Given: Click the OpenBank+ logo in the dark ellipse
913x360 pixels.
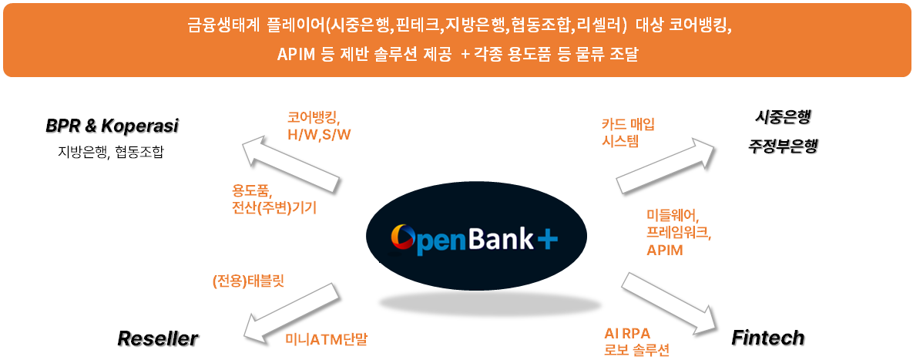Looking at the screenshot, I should point(473,237).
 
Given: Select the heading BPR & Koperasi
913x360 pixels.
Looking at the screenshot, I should point(112,125).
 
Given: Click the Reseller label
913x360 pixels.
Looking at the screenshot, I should point(157,338).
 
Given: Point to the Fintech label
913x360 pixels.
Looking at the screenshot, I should point(767,337).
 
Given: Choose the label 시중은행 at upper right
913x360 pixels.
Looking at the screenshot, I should point(783,117).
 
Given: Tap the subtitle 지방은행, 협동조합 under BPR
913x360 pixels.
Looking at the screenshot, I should point(111,151).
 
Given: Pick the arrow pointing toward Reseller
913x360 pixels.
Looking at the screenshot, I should point(291,310).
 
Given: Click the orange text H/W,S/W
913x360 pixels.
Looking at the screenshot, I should point(319,134).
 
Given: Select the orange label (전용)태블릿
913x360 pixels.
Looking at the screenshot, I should point(248,281).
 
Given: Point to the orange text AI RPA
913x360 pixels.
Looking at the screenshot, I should point(627,333).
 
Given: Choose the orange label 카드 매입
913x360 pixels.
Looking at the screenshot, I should point(627,123).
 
